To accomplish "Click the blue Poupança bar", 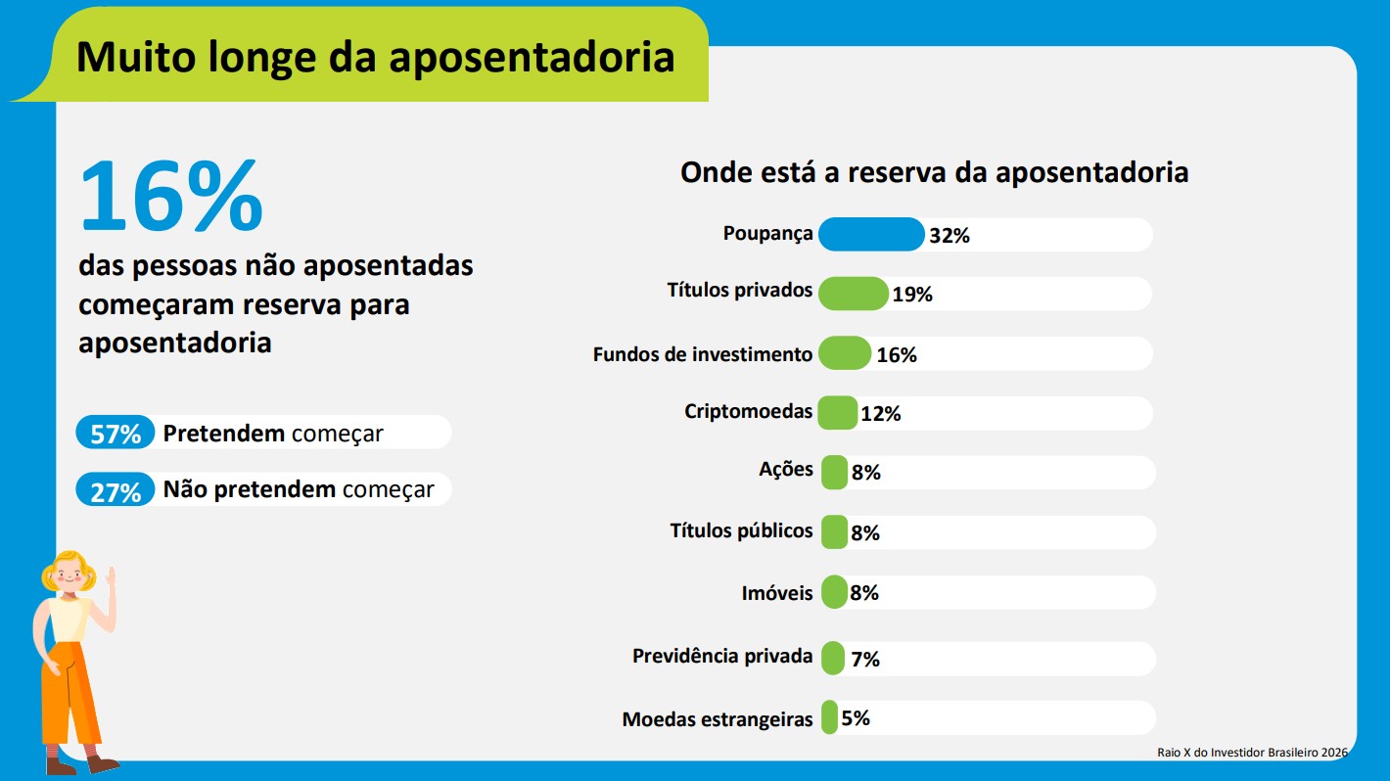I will tap(870, 235).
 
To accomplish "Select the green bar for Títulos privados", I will tap(853, 294).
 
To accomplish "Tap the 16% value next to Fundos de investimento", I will tap(896, 355).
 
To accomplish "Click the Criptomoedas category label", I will tap(748, 412).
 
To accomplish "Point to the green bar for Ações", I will tap(834, 472).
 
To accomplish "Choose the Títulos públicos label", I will tap(741, 531).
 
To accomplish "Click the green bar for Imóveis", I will tap(834, 592).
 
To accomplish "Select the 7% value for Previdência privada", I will tap(865, 660).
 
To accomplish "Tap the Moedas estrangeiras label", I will tap(717, 720).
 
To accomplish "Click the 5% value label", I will tap(856, 718).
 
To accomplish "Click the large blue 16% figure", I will tap(171, 196).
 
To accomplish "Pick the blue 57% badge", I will tap(116, 434).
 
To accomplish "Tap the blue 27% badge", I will tap(116, 491).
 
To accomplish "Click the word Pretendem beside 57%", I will tap(223, 434).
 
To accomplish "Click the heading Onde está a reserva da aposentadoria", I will tap(934, 173).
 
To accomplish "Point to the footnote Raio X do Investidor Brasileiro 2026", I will tap(1252, 753).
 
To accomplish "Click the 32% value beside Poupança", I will tap(949, 236).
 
